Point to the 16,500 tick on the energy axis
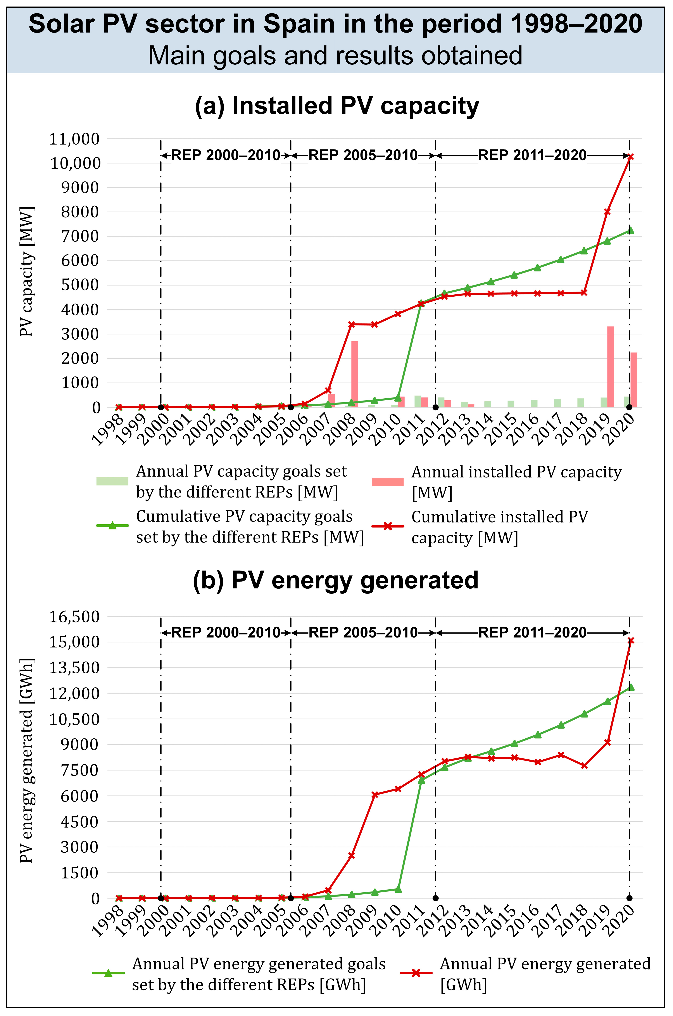coord(74,616)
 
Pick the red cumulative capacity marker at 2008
coord(352,324)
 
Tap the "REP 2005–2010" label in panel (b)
coord(363,633)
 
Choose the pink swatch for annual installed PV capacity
coord(388,482)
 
